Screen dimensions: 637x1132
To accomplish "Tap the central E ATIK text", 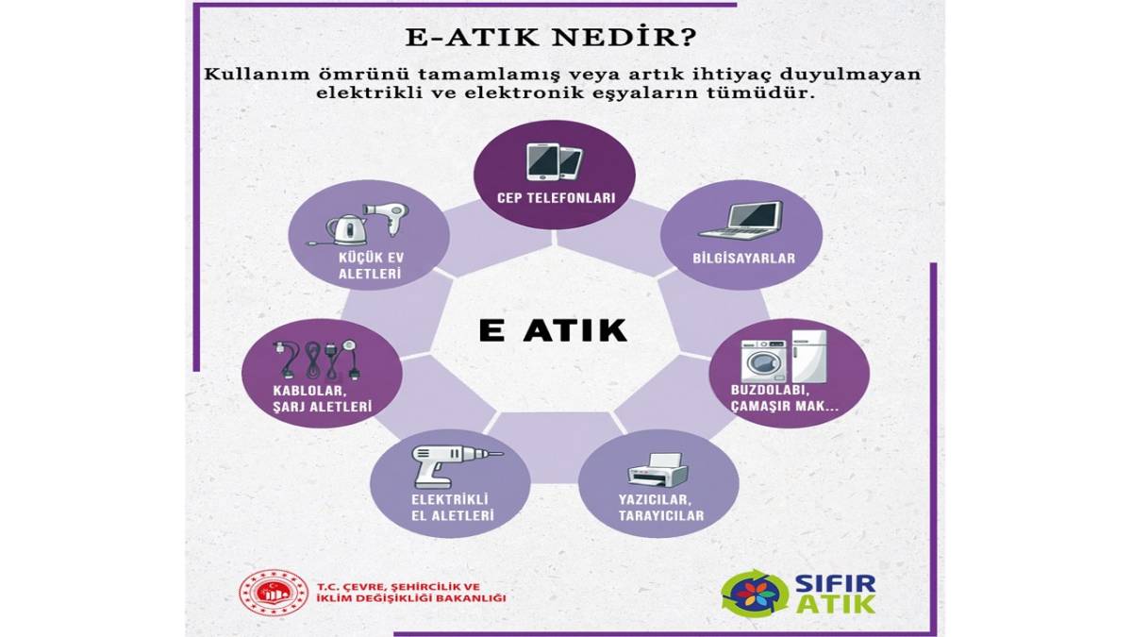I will click(x=553, y=330).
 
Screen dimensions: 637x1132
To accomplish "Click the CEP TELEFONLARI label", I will click(x=556, y=199).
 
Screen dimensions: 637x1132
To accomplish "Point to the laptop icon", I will click(x=741, y=220).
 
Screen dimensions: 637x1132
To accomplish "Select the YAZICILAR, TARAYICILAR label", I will click(x=660, y=507).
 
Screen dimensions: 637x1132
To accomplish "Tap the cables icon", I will click(x=317, y=360).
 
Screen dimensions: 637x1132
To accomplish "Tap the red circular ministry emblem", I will click(x=273, y=594).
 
